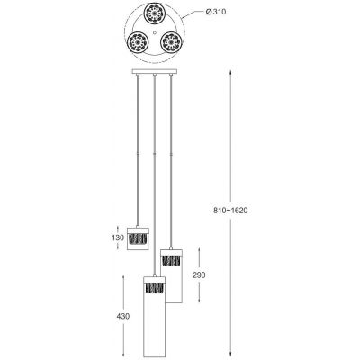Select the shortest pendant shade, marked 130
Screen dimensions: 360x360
(x=139, y=238)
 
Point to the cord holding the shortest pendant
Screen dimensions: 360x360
(x=139, y=144)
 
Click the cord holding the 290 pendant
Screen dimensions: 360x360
(x=171, y=153)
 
